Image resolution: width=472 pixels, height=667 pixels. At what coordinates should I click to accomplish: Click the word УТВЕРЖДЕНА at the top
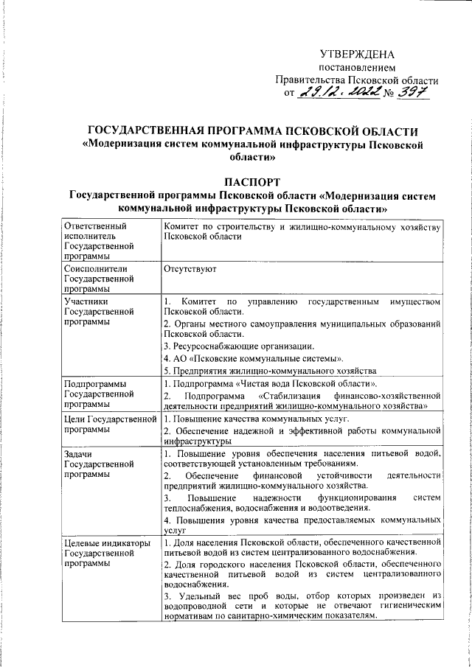(x=357, y=54)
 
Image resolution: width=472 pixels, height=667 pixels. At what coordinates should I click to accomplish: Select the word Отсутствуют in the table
(x=189, y=271)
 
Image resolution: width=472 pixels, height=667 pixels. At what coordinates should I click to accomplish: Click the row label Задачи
(x=79, y=453)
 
